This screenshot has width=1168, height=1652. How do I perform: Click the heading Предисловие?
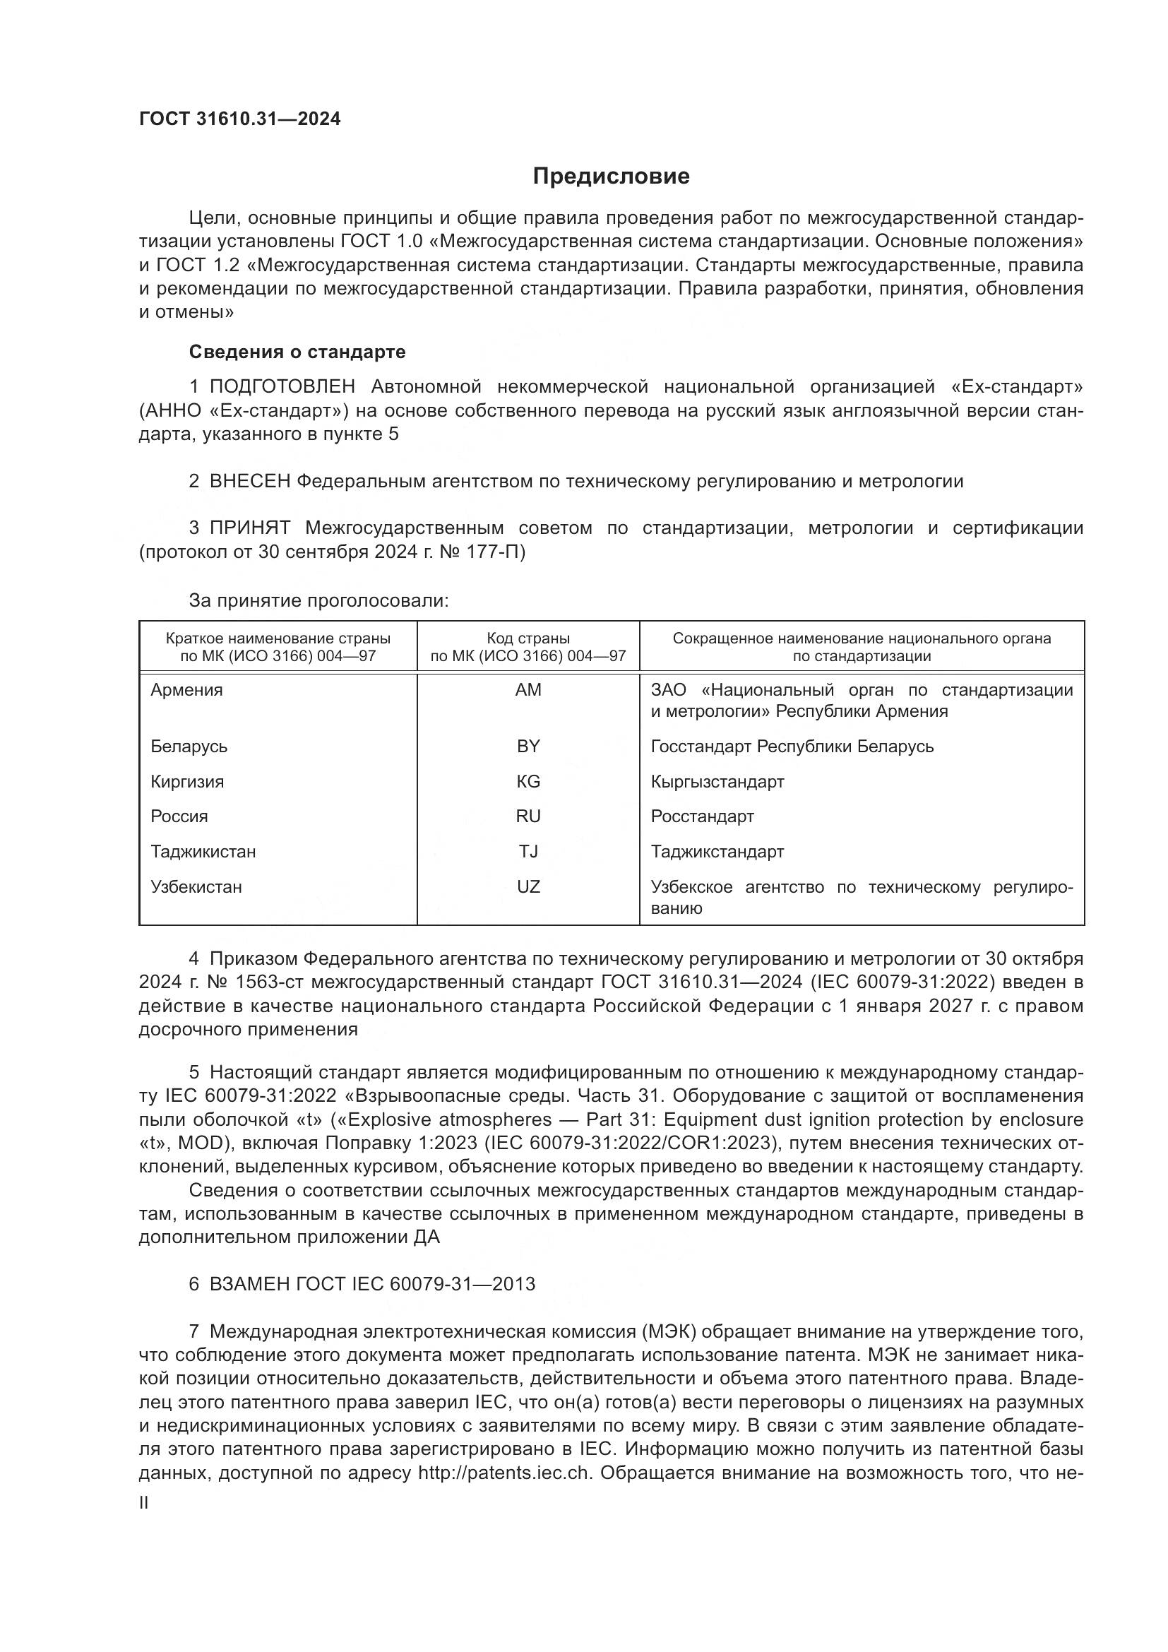[611, 177]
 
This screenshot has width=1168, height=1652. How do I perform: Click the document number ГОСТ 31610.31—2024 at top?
[239, 119]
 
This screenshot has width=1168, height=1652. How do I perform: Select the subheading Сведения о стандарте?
[297, 352]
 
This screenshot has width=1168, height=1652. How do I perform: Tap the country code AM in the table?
[528, 690]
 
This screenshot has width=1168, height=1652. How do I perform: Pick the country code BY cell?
[528, 746]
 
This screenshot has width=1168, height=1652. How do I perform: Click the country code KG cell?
[528, 781]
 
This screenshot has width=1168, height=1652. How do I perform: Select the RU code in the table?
[528, 816]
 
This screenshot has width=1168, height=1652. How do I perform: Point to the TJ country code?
[528, 852]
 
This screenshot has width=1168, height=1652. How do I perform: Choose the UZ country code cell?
[528, 887]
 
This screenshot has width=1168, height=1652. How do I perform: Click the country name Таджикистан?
[203, 852]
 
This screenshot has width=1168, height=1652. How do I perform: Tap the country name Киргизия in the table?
[187, 781]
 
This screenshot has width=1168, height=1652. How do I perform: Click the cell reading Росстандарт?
[702, 816]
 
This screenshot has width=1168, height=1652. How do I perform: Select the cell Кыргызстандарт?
[717, 781]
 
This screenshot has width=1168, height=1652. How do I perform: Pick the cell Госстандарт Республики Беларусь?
[792, 746]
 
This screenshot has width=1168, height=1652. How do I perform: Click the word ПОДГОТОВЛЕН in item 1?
[282, 387]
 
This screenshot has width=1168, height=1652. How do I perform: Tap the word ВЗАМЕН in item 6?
[249, 1284]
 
